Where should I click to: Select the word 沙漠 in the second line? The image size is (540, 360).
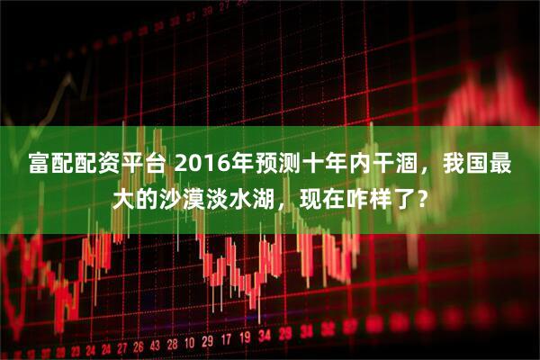click(x=193, y=196)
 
